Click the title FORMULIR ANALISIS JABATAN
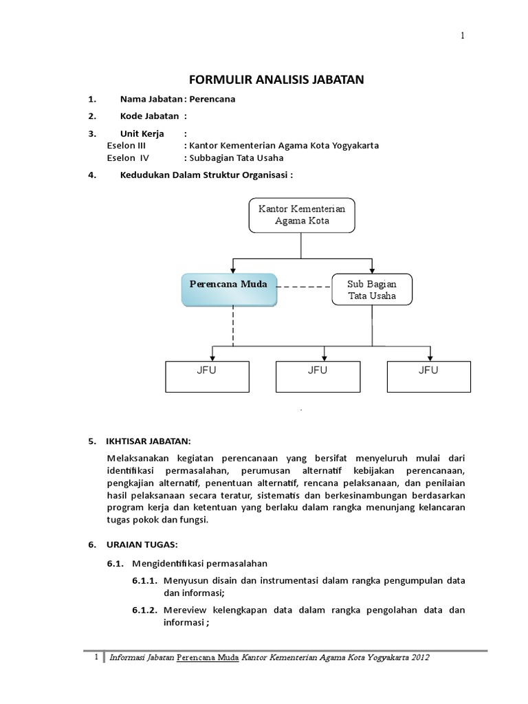[x=276, y=80]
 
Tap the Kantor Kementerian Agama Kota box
[x=302, y=214]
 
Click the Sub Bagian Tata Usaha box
[x=372, y=289]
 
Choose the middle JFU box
[x=317, y=375]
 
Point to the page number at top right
[x=463, y=36]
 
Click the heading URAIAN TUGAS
[x=142, y=544]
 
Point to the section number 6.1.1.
[x=145, y=581]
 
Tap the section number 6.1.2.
[x=145, y=610]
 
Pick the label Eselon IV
[x=129, y=157]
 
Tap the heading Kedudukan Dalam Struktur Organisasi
[x=206, y=175]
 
